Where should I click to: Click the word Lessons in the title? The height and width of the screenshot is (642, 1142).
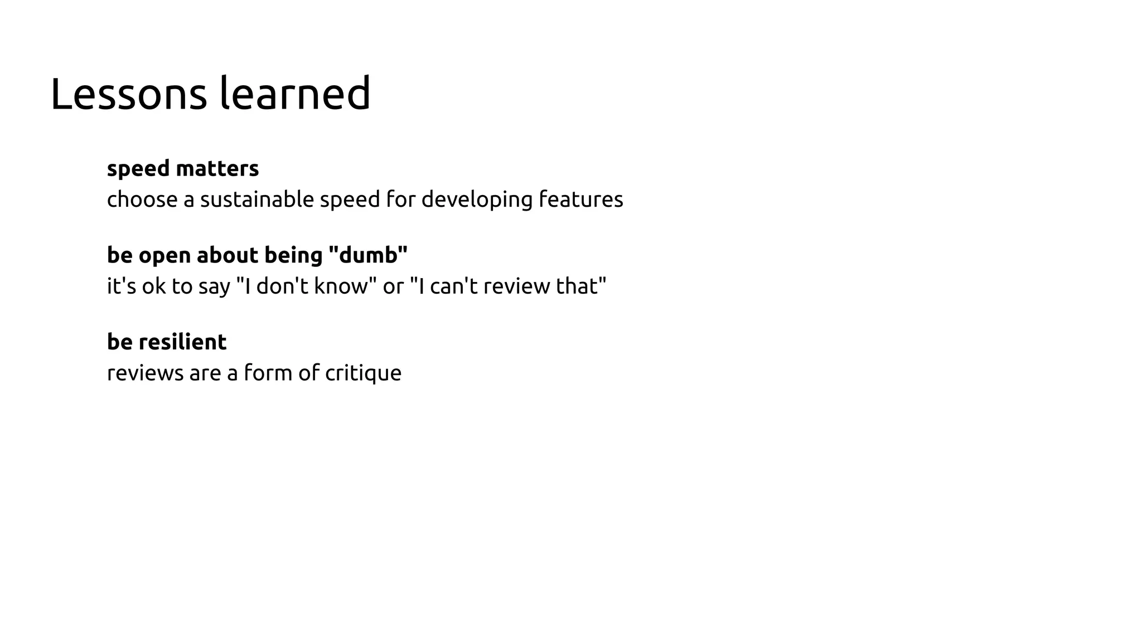pyautogui.click(x=128, y=94)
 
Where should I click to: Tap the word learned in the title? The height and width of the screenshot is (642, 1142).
pyautogui.click(x=295, y=94)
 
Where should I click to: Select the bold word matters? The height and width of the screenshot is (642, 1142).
pyautogui.click(x=217, y=169)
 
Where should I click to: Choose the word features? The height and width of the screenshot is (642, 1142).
pyautogui.click(x=580, y=200)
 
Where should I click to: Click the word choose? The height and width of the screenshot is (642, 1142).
pyautogui.click(x=142, y=200)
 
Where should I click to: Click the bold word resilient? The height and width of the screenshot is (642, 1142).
pyautogui.click(x=182, y=342)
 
